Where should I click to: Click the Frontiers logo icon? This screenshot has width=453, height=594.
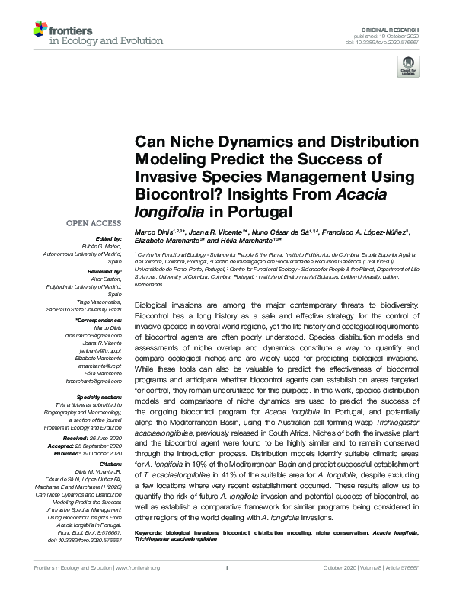click(x=40, y=30)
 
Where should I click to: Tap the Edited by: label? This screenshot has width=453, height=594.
click(x=110, y=238)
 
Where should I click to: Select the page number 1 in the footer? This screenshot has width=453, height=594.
click(x=227, y=588)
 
